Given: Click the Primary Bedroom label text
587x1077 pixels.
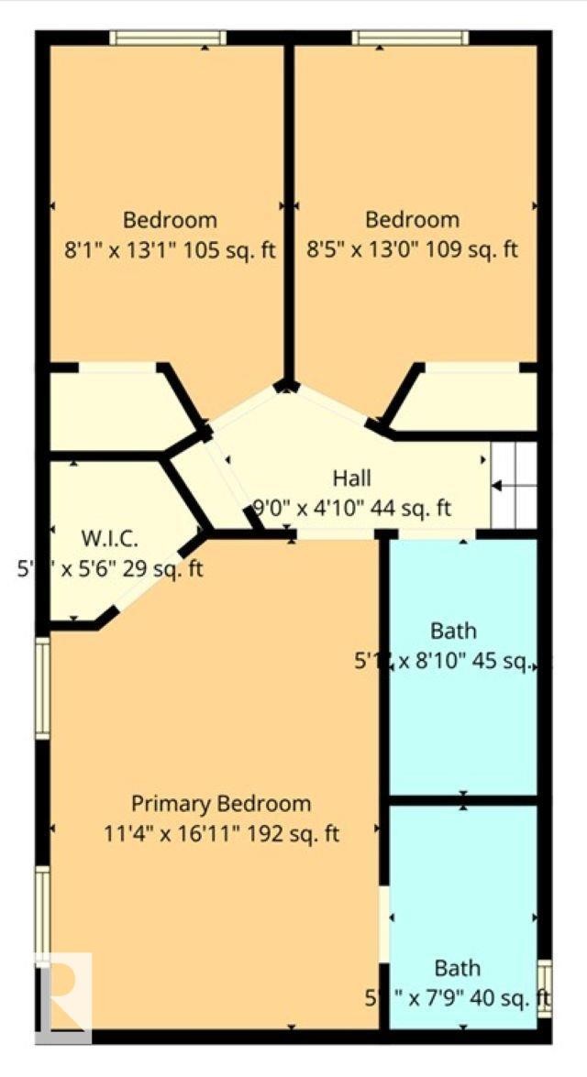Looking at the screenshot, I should (221, 804).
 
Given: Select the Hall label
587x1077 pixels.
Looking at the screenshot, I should (351, 478).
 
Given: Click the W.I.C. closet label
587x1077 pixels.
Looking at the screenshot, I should (108, 536).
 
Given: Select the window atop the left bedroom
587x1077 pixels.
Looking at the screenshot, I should (168, 38).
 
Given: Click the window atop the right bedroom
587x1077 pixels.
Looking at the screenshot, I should (410, 38).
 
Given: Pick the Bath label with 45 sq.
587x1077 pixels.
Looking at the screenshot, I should (453, 631).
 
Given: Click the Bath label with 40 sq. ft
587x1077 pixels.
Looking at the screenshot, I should (457, 968).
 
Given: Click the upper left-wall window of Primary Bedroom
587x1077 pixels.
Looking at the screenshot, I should (42, 687).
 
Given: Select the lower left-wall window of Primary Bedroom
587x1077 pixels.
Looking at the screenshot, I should (42, 912).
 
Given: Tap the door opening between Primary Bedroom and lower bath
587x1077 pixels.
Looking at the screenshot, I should (383, 924).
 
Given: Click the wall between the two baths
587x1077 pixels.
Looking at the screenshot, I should (463, 800).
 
